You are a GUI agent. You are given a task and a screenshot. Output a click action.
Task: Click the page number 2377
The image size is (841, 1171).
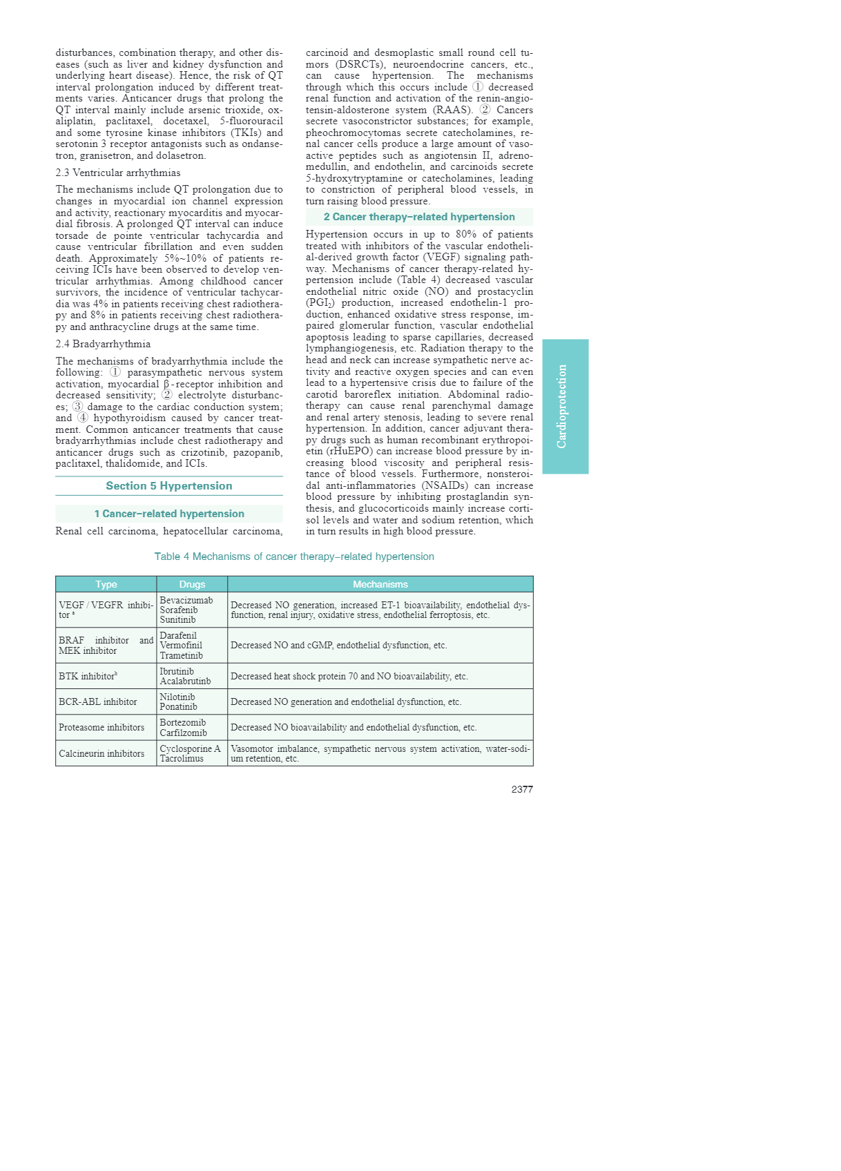[x=521, y=789]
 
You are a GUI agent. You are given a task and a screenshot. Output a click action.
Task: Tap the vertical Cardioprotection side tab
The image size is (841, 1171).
[x=565, y=406]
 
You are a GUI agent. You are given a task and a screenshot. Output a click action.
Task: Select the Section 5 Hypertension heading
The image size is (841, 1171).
[x=168, y=486]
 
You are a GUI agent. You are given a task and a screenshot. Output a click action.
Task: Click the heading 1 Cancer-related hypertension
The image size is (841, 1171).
[x=169, y=514]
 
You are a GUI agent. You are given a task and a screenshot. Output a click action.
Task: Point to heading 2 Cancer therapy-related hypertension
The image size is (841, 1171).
[x=419, y=217]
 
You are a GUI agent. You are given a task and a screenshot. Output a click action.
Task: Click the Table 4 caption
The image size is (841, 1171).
[x=294, y=557]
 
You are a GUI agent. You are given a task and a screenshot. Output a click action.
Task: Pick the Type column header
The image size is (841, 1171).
[x=106, y=584]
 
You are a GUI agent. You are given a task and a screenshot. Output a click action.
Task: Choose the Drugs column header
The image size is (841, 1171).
[x=192, y=584]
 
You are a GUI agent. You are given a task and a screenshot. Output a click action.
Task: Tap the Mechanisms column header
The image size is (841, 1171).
[x=380, y=584]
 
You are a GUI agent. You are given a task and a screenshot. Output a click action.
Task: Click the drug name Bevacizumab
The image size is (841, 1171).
[x=186, y=600]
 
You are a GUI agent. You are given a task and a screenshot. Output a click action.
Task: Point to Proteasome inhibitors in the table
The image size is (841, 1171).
[x=101, y=727]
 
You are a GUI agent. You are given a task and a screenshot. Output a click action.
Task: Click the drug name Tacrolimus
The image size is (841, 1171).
[x=182, y=758]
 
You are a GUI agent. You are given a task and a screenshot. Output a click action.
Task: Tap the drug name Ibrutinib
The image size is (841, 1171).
[x=177, y=671]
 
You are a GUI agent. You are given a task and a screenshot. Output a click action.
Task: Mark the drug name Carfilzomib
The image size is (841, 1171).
[x=183, y=733]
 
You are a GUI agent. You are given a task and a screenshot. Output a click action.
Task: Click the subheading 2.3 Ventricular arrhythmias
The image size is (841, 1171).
[x=118, y=173]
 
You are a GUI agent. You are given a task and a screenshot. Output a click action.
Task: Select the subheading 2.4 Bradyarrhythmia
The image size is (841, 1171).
[x=103, y=344]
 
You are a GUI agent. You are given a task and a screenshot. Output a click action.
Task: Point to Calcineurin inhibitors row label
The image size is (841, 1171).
[x=101, y=753]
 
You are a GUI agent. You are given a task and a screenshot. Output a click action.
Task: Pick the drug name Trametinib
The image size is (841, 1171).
[x=181, y=655]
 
